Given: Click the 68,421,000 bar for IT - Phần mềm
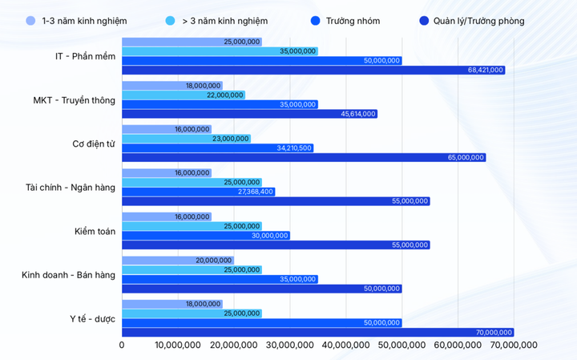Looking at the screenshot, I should coord(313,71).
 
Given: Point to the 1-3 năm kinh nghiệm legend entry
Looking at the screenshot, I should coord(79,21).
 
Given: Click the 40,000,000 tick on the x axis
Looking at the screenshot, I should coord(345,346).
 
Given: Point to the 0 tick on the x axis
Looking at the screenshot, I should coord(122,346).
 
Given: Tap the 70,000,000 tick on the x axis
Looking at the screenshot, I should coord(513,346).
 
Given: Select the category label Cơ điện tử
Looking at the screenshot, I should coord(94,144).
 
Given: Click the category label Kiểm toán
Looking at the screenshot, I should coord(95,232).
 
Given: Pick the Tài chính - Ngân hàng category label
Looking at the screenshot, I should coord(71,188).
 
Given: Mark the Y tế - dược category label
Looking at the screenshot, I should coord(92,319).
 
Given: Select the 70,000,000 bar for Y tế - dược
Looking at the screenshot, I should coord(317,332).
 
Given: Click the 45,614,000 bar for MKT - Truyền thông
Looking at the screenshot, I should coord(249,114).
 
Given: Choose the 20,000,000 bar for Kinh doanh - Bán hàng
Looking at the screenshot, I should coord(177,261).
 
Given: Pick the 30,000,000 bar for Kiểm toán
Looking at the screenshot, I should coord(205,236).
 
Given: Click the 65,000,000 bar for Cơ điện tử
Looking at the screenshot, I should coord(304,158).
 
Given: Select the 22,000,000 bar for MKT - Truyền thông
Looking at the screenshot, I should coord(184,95).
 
